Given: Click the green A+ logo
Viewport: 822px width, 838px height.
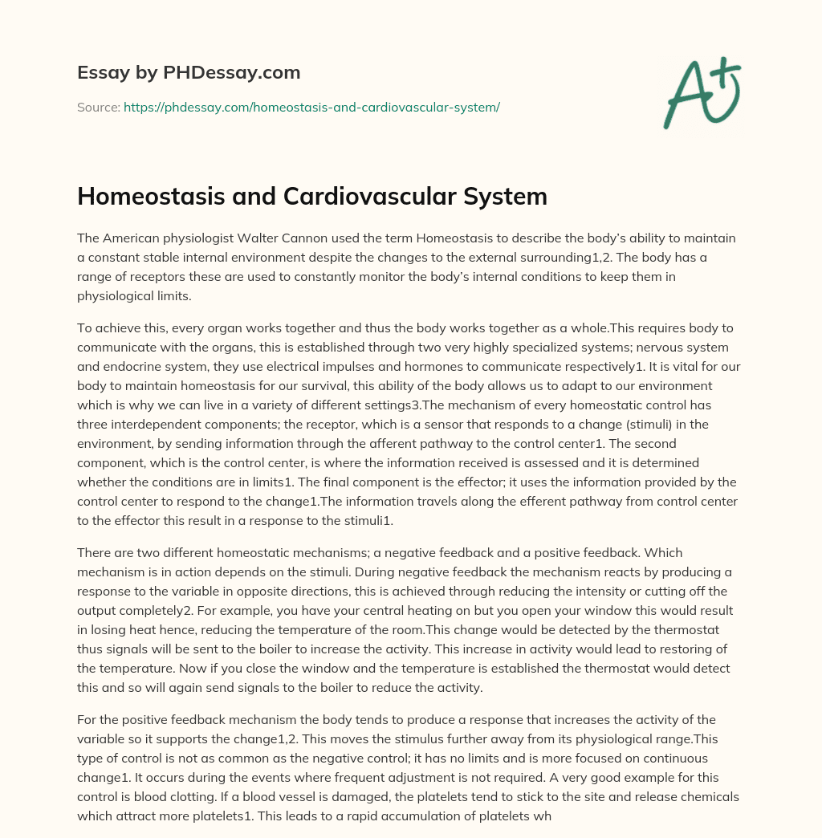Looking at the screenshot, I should (701, 92).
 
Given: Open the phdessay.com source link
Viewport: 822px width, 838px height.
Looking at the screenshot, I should (311, 107).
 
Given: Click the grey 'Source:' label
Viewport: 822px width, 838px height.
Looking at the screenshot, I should (98, 107).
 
